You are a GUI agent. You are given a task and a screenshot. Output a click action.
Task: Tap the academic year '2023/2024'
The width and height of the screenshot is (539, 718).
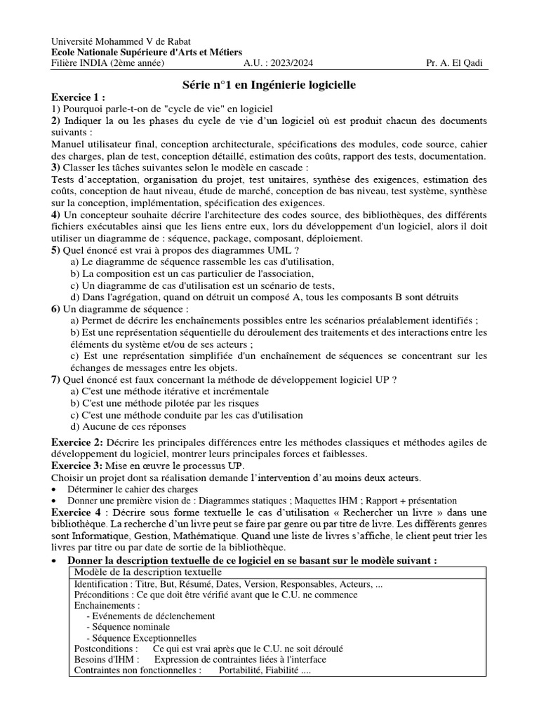[294, 63]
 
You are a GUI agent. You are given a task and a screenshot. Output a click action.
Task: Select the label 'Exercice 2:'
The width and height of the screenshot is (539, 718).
[78, 442]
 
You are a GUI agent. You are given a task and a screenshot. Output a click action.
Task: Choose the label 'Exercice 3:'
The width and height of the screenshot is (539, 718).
[78, 466]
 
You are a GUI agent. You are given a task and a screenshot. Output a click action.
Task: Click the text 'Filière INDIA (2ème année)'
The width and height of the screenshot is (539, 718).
[108, 63]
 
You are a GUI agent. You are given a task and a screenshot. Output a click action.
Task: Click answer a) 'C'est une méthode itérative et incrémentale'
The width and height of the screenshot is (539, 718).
[169, 391]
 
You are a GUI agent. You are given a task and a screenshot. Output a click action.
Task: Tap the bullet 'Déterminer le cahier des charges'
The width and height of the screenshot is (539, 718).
[133, 489]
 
